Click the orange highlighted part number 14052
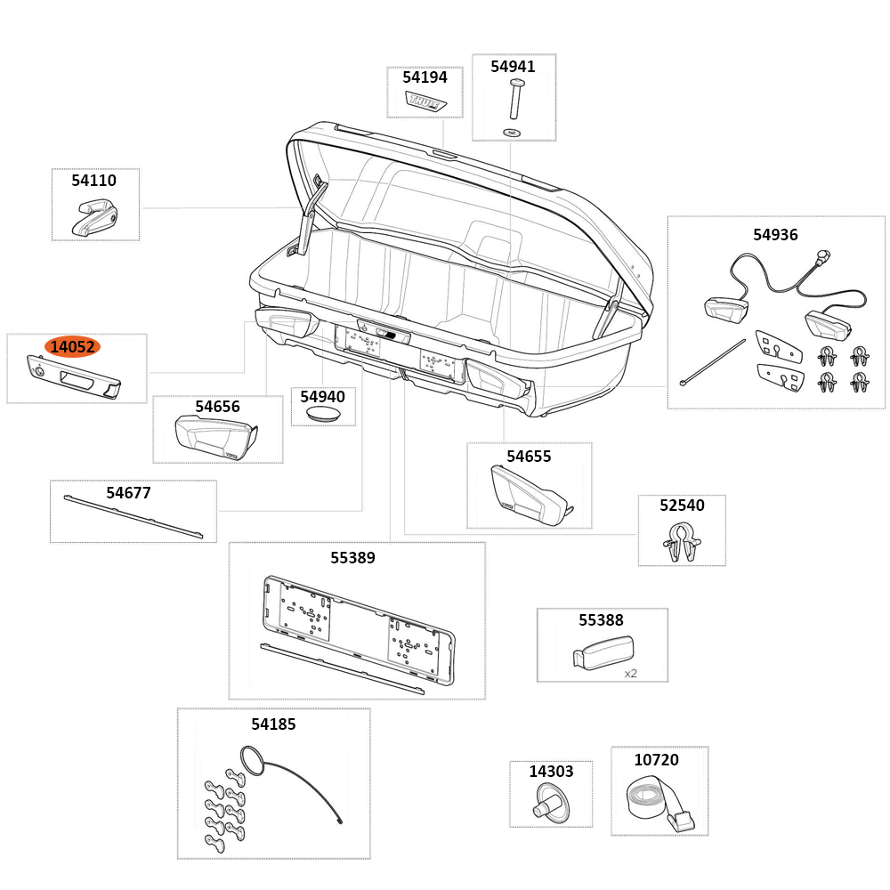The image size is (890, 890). point(73,347)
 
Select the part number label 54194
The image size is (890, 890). point(425,77)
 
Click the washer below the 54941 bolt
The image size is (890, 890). point(514,132)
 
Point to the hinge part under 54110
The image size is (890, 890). point(94,217)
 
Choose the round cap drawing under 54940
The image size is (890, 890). point(322,415)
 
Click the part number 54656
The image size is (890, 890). point(217,407)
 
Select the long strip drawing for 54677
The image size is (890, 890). point(133,518)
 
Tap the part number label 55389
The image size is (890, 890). point(352,558)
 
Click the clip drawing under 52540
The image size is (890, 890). point(681,542)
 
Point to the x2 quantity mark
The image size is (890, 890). point(630,674)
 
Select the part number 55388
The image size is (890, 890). point(601,620)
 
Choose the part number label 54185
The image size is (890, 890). point(273,724)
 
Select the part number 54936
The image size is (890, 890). point(775,235)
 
